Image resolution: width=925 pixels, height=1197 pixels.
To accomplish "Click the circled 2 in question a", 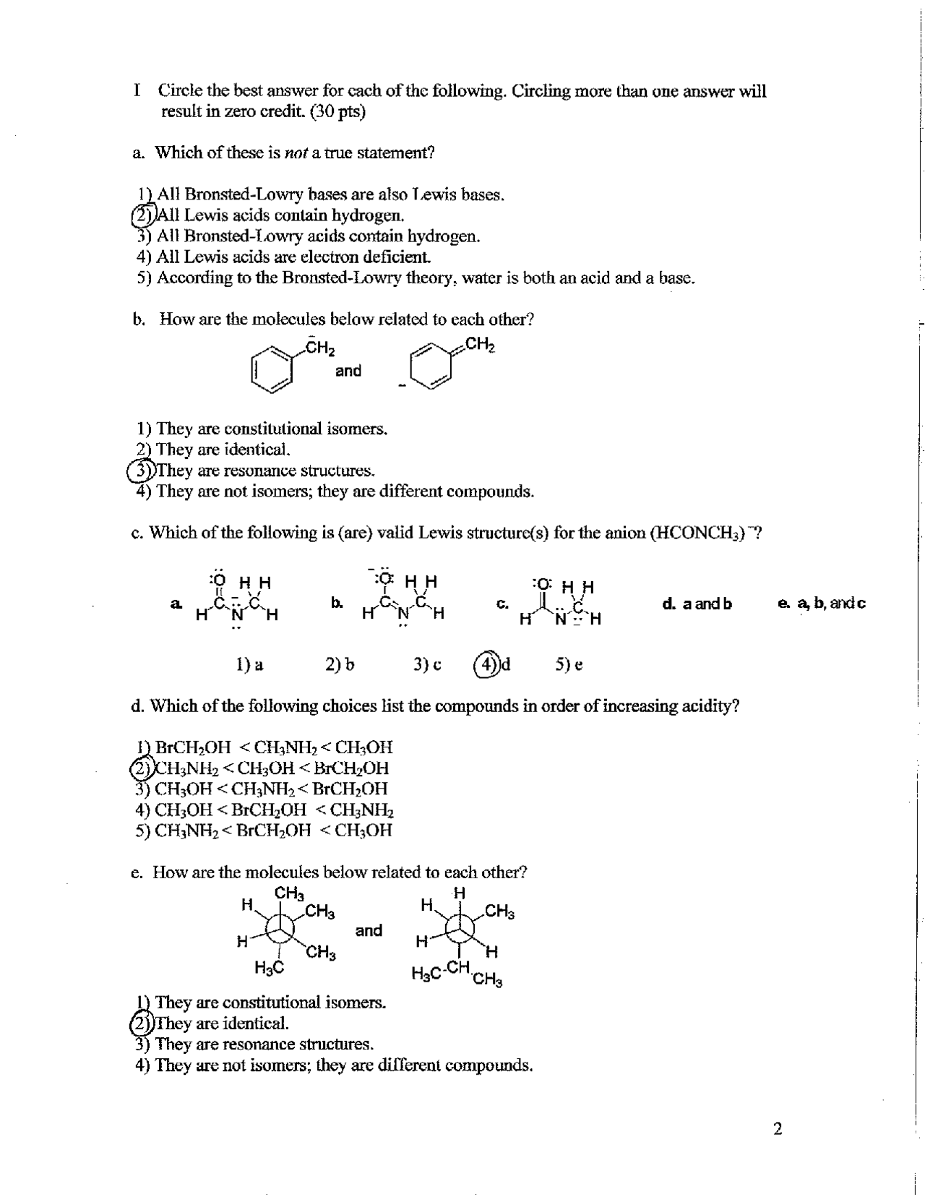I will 142,215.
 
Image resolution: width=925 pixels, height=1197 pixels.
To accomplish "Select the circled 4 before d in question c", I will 486,664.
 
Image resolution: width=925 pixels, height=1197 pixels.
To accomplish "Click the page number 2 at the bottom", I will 778,1129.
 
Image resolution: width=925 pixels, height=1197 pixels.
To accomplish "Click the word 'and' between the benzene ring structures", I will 348,371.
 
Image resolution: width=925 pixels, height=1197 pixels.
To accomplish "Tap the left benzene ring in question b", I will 272,368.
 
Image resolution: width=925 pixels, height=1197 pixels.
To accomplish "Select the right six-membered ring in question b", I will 431,366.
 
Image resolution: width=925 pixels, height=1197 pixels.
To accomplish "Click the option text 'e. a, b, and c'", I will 821,603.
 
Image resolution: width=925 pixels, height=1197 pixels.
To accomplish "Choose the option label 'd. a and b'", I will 697,604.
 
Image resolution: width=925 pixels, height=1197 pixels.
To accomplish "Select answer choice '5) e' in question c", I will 569,664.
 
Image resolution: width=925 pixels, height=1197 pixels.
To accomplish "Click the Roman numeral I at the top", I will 137,91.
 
